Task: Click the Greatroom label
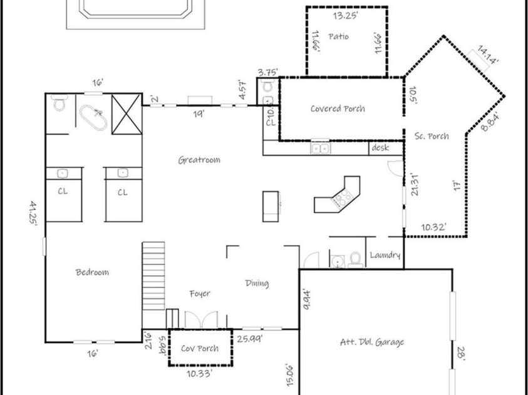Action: pyautogui.click(x=199, y=160)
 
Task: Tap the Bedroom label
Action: pyautogui.click(x=92, y=272)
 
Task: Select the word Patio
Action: pyautogui.click(x=338, y=37)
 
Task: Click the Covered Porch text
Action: pyautogui.click(x=338, y=109)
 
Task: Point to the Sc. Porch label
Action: pyautogui.click(x=432, y=136)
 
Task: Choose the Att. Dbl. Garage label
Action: pyautogui.click(x=372, y=342)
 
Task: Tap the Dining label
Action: pyautogui.click(x=257, y=284)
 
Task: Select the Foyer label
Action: pyautogui.click(x=200, y=293)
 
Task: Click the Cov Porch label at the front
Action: pyautogui.click(x=200, y=348)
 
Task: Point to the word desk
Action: pyautogui.click(x=380, y=148)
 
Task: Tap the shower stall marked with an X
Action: pyautogui.click(x=126, y=113)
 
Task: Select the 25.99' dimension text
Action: pyautogui.click(x=249, y=339)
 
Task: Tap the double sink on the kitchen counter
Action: pyautogui.click(x=321, y=149)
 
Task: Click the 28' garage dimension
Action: pyautogui.click(x=462, y=354)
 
